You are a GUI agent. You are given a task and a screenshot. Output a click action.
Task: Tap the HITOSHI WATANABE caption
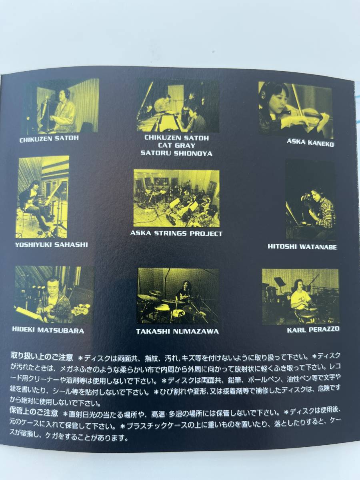click(302, 247)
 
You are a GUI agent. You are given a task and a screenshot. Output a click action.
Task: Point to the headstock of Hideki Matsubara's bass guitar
click(84, 309)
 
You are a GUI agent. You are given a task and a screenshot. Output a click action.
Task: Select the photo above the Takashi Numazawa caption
click(178, 296)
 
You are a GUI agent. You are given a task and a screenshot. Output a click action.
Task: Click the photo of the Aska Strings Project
click(176, 198)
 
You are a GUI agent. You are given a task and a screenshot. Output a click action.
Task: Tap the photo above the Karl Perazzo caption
click(300, 296)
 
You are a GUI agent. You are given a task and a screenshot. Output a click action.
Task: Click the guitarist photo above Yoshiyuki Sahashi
click(42, 197)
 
